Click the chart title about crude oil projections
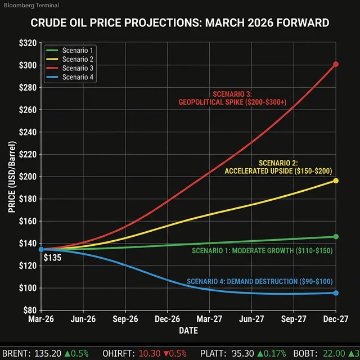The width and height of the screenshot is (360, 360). pyautogui.click(x=179, y=24)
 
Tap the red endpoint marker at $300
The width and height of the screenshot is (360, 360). pyautogui.click(x=336, y=64)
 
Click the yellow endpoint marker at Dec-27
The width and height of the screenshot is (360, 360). pyautogui.click(x=336, y=181)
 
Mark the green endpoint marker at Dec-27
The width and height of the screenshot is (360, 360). pyautogui.click(x=336, y=236)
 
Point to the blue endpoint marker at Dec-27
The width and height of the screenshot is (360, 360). pyautogui.click(x=336, y=292)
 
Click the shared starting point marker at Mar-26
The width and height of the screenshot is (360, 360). pyautogui.click(x=41, y=249)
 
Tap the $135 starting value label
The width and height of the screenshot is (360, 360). pyautogui.click(x=52, y=259)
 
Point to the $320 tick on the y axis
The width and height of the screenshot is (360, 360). pyautogui.click(x=28, y=43)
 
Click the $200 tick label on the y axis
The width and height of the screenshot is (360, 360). pyautogui.click(x=28, y=177)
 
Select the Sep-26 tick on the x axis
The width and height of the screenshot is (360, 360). pyautogui.click(x=125, y=319)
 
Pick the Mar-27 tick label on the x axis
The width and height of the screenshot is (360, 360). pyautogui.click(x=209, y=319)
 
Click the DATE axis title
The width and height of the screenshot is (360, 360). pyautogui.click(x=188, y=331)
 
